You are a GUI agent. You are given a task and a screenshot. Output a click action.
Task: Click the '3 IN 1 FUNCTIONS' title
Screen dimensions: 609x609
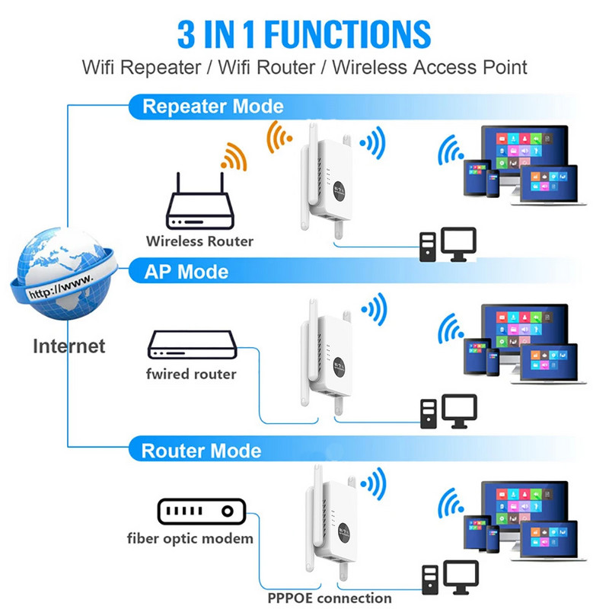coord(304,33)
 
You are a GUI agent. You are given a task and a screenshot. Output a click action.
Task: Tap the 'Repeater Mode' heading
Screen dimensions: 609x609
coord(212,106)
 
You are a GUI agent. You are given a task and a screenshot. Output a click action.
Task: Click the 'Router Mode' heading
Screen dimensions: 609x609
coord(201,450)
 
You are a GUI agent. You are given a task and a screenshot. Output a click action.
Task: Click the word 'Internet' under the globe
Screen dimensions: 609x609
coord(69,346)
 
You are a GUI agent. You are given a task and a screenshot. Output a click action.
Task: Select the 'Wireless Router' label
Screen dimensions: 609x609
coord(199,241)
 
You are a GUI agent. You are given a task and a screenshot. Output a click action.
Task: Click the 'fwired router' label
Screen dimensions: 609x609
coord(191,374)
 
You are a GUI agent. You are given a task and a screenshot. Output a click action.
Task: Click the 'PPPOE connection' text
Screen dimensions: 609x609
coord(330,598)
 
